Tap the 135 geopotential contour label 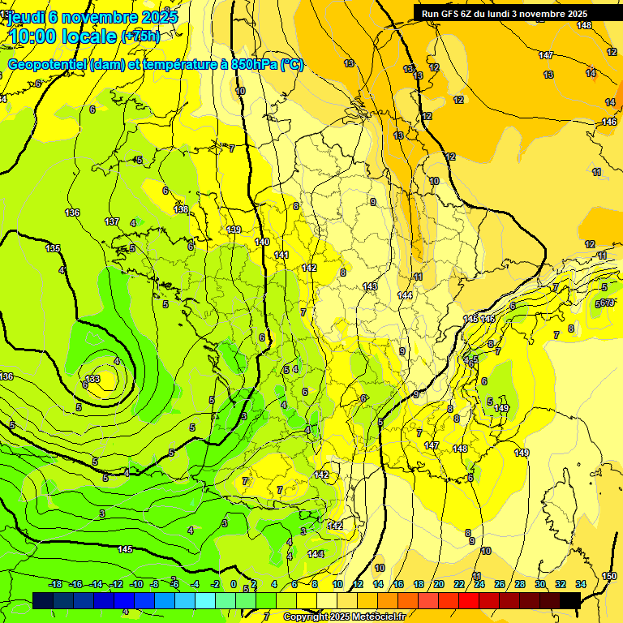[x=54, y=248]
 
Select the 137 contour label [x=112, y=221]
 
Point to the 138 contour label [x=181, y=209]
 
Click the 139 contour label [x=234, y=230]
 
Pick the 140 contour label [x=262, y=242]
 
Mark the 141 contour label [x=281, y=255]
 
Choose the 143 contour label [x=371, y=286]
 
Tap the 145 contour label [x=125, y=549]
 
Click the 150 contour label [x=609, y=576]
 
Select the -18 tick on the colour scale [x=56, y=584]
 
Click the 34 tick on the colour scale [x=581, y=584]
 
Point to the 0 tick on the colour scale [x=234, y=584]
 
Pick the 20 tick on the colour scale [x=439, y=584]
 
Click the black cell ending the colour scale [x=569, y=600]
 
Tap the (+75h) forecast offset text [x=140, y=37]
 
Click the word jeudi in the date [x=26, y=16]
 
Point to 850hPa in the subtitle [x=252, y=64]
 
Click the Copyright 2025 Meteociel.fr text [x=344, y=617]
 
